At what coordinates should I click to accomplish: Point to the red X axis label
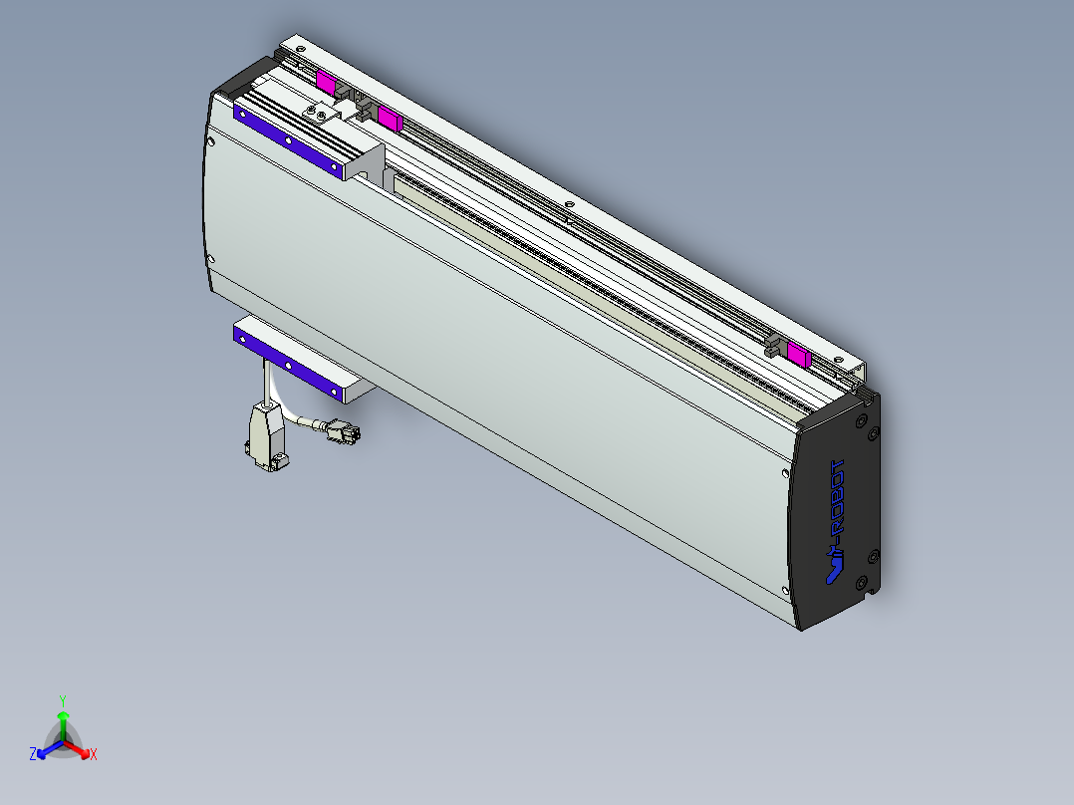click(x=94, y=755)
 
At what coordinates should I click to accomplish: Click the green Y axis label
click(x=63, y=700)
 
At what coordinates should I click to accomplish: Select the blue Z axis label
click(x=33, y=754)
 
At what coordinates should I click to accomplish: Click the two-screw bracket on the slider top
click(x=319, y=113)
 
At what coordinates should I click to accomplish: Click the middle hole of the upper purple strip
click(x=289, y=141)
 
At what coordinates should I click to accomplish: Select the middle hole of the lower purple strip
click(x=288, y=366)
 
